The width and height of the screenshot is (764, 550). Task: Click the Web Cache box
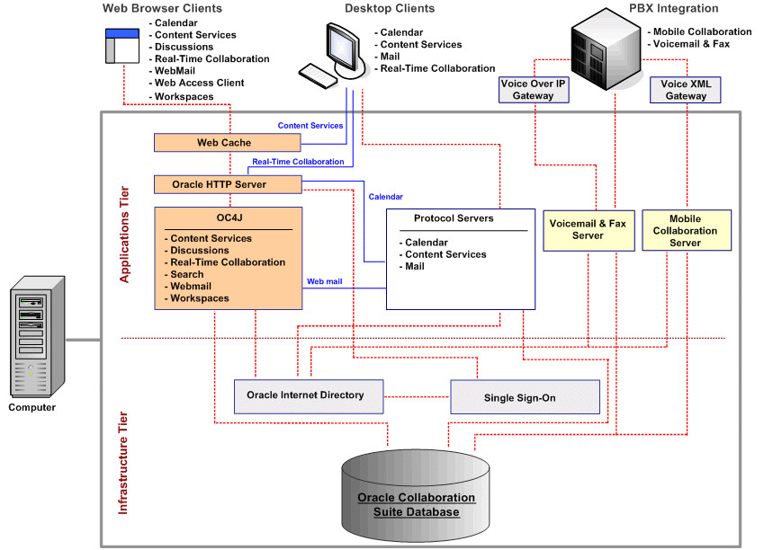click(224, 143)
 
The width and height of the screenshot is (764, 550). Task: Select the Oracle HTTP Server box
click(226, 184)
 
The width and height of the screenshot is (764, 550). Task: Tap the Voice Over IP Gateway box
click(533, 89)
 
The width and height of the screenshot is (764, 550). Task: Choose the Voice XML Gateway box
click(685, 89)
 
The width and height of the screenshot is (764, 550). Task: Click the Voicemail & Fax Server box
click(588, 229)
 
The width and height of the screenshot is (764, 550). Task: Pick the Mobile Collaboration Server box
click(686, 230)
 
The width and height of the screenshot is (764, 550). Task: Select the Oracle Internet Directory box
click(305, 395)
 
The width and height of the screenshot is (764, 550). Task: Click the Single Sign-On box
click(525, 396)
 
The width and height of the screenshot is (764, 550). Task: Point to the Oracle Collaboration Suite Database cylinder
click(416, 499)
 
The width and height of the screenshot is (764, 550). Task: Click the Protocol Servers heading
click(454, 218)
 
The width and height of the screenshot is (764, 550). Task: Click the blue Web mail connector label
click(325, 281)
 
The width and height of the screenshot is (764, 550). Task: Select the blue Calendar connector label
click(385, 197)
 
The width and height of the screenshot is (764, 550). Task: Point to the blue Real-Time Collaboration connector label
click(298, 162)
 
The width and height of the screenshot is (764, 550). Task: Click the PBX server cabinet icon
click(607, 48)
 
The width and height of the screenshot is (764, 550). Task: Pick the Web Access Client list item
click(199, 83)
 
